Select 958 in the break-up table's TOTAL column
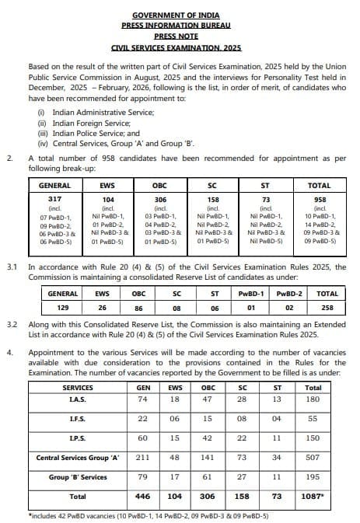[319, 200]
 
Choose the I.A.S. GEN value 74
[142, 399]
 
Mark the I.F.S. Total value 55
[313, 418]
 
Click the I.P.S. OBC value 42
[207, 438]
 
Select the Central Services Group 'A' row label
[77, 457]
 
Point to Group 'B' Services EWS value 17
[175, 476]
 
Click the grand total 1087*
[313, 496]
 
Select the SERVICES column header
[77, 387]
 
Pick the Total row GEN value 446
[142, 496]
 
